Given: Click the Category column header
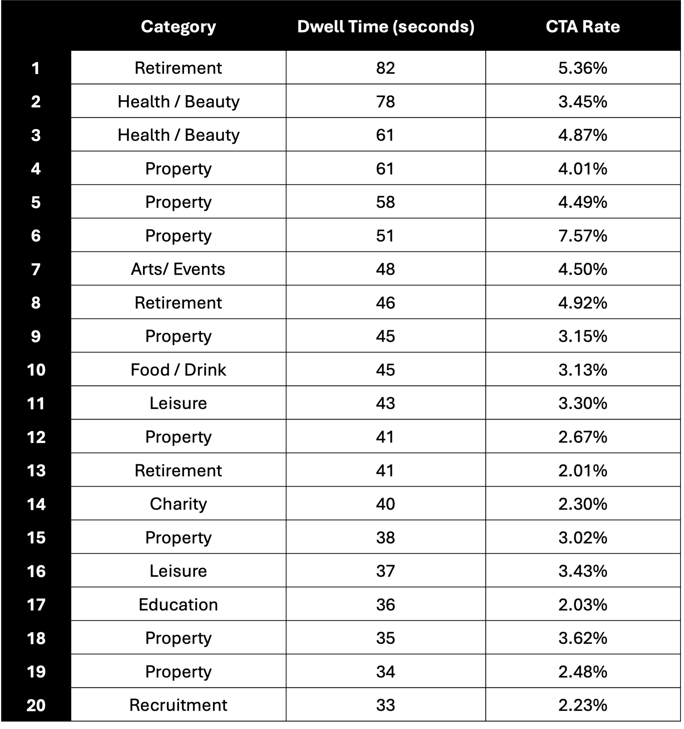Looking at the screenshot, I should [179, 27].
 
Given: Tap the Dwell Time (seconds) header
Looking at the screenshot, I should [385, 27].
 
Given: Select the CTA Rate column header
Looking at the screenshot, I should [582, 27].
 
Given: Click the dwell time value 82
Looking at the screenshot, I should [385, 68].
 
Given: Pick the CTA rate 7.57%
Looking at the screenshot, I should [582, 235].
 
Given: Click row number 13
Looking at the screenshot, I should [36, 471].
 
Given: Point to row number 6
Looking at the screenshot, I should [36, 235].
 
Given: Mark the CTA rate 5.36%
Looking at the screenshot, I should [582, 68].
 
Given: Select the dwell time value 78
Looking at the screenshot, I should [385, 102].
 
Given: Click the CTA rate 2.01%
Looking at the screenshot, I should [582, 471].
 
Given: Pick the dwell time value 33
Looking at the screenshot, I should [385, 705].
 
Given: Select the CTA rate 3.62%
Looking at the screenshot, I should [582, 638].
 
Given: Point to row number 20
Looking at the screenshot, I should [36, 705].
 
